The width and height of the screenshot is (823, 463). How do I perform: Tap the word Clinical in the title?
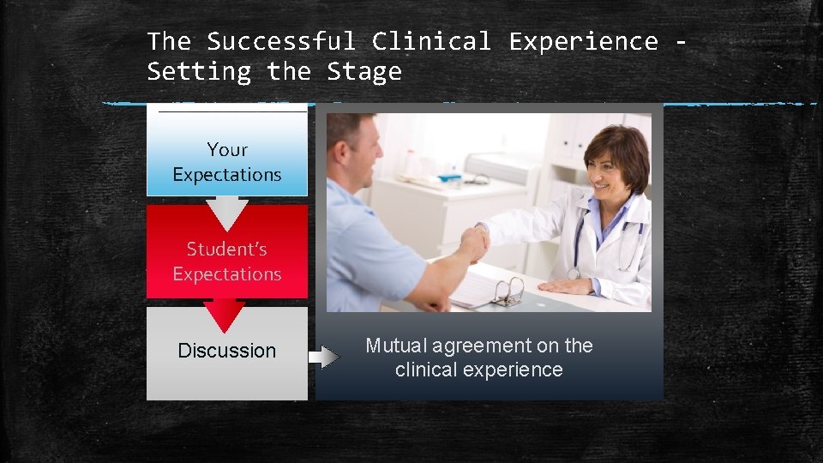coord(431,41)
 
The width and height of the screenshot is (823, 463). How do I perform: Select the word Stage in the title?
coord(363,71)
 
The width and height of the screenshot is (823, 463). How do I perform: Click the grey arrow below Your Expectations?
coord(227,214)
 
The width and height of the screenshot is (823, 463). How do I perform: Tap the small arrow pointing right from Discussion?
coord(324,355)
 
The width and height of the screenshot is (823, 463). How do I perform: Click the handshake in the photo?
coord(473,244)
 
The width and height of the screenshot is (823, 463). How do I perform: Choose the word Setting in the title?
coord(199,71)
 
